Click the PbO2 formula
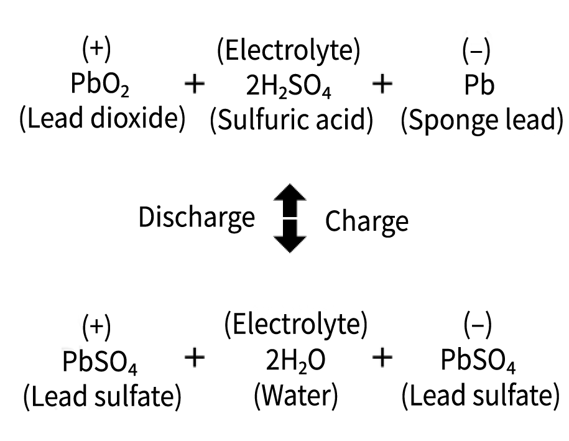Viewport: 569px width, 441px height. (x=99, y=86)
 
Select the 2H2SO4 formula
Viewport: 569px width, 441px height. (x=289, y=87)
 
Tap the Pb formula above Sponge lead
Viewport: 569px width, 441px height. (x=478, y=86)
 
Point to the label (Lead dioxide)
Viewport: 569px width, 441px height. (x=103, y=119)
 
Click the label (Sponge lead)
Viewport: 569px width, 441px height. (x=481, y=119)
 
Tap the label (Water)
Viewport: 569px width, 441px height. (x=295, y=396)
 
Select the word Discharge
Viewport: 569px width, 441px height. (x=197, y=218)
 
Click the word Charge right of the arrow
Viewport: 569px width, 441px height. (x=367, y=220)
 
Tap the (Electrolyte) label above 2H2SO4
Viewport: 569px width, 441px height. (x=288, y=52)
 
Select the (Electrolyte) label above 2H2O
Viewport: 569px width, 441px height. (x=295, y=325)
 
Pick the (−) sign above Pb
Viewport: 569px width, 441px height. (x=476, y=52)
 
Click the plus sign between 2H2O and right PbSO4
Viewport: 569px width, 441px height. (x=382, y=357)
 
